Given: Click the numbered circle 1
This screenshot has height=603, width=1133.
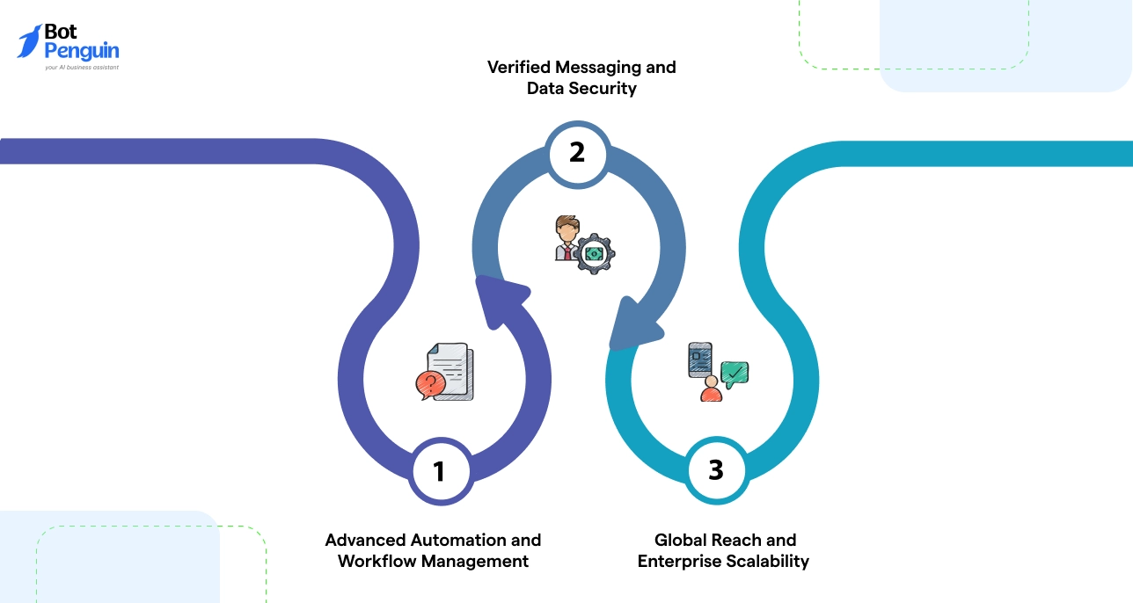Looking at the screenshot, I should (439, 471).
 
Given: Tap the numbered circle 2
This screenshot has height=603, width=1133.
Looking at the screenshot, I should (576, 152).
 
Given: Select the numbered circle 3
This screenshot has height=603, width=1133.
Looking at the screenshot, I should (715, 470).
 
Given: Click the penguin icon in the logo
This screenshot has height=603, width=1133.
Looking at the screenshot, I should (29, 41).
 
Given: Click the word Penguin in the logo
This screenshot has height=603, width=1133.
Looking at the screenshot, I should (81, 51).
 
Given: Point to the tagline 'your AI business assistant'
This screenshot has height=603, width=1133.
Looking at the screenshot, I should (82, 67).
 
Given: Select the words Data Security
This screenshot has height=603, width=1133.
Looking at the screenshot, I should (581, 89).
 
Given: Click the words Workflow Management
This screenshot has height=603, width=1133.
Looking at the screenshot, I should (433, 561).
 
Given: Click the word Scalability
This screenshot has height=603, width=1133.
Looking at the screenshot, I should (764, 561).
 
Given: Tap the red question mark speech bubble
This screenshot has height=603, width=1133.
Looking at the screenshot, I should (429, 384).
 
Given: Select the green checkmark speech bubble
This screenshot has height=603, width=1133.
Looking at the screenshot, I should (735, 374).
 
